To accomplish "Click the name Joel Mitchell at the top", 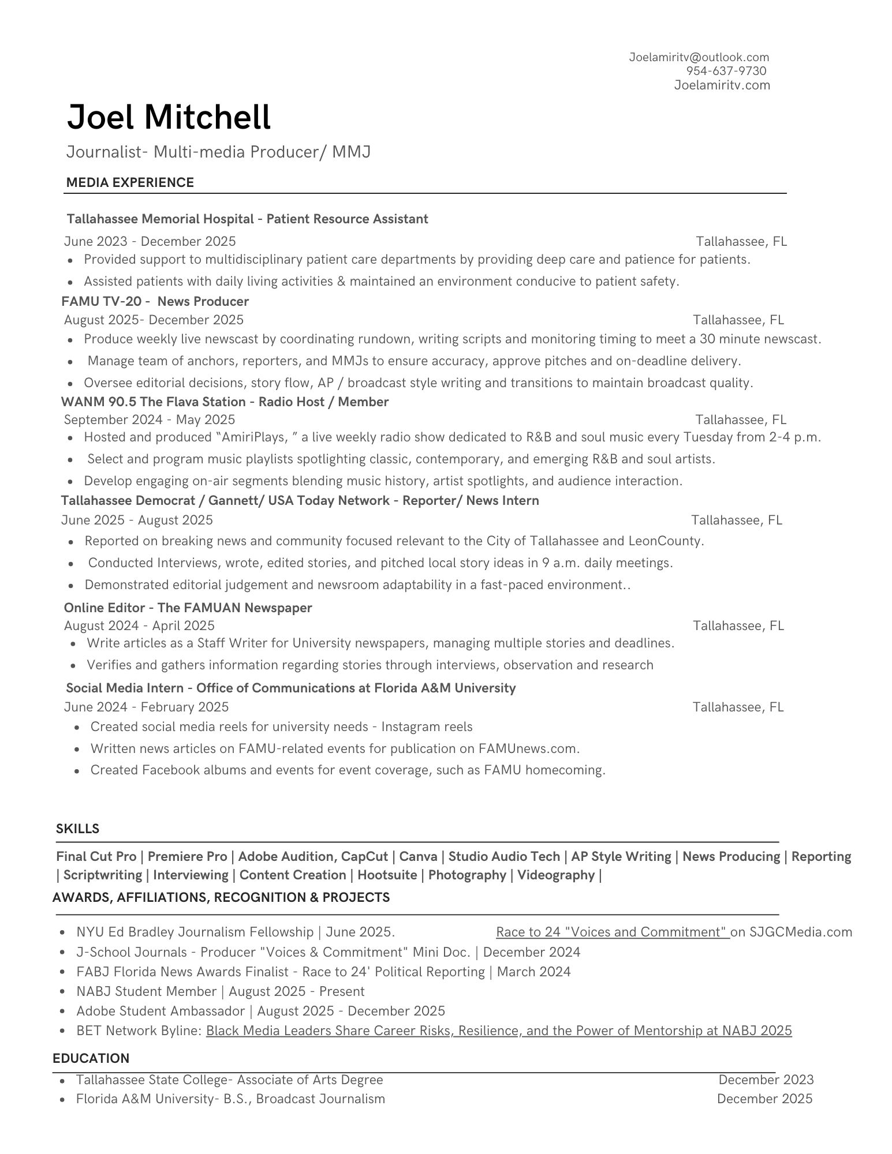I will coord(169,117).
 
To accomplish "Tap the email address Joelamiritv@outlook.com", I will coord(699,57).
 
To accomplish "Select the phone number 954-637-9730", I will coord(726,71).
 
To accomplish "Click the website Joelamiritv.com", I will coord(722,85).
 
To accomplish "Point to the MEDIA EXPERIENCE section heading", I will coord(130,183).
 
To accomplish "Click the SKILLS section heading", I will coord(77,829).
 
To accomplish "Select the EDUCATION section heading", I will coord(91,1058).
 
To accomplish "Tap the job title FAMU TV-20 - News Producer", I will coord(155,301).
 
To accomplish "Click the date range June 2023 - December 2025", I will coord(150,241).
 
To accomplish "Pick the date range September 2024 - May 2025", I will coord(149,419).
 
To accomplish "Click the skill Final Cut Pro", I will coord(96,856).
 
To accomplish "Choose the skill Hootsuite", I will coord(387,875).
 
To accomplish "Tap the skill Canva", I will coord(418,856).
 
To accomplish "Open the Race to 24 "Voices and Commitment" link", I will coord(612,932).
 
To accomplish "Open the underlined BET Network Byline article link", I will coord(498,1031).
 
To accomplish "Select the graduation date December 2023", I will coord(766,1080).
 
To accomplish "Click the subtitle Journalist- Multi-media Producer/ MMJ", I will coord(218,152).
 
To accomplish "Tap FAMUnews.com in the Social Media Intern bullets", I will coord(528,749).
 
